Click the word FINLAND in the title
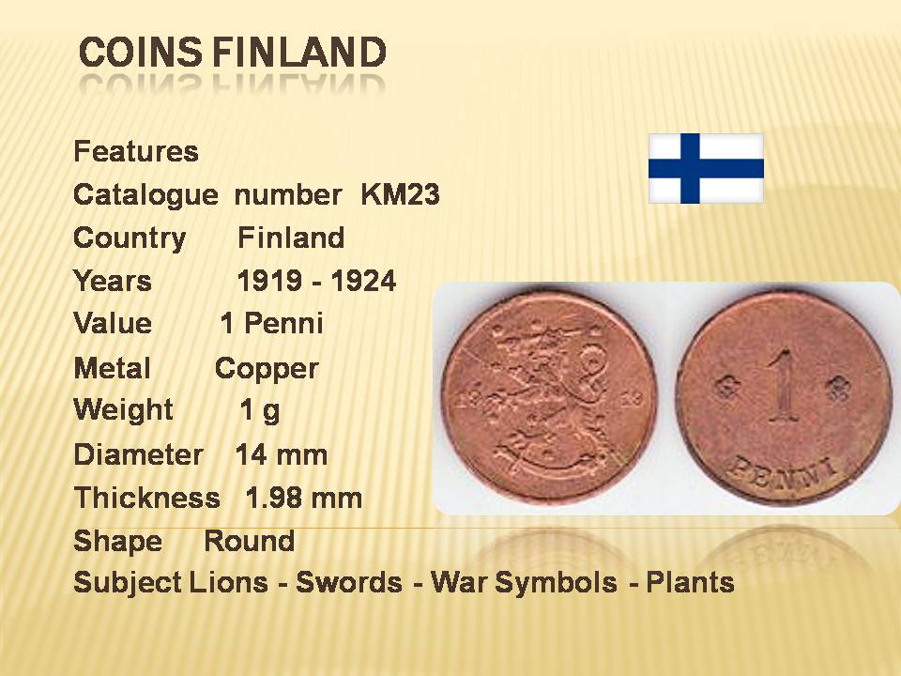click(x=298, y=52)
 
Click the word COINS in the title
click(x=140, y=52)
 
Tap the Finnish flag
click(x=706, y=168)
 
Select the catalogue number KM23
click(x=400, y=194)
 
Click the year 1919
click(x=269, y=281)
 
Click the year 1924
click(x=364, y=281)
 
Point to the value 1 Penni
click(x=271, y=323)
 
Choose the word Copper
click(x=267, y=369)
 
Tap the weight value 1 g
click(x=260, y=410)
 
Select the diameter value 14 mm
click(x=282, y=454)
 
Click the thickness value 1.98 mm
click(x=304, y=498)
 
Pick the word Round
click(x=250, y=541)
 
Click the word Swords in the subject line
click(x=349, y=582)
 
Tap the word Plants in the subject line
click(x=690, y=582)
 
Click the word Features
click(x=136, y=152)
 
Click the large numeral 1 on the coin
click(x=782, y=385)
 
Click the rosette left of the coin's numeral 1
click(x=725, y=387)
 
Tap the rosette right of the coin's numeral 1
click(x=836, y=389)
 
